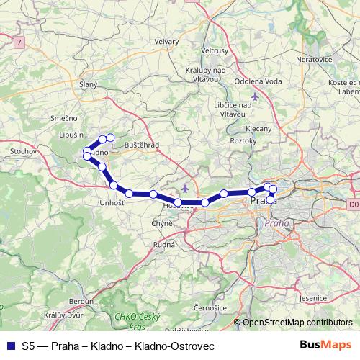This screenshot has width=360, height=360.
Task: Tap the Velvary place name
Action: [166, 42]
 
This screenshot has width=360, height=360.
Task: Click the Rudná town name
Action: [163, 244]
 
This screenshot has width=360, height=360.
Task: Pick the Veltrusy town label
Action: [215, 52]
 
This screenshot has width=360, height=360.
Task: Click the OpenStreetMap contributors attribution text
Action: [297, 323]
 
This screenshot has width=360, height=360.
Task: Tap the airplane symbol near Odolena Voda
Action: [253, 96]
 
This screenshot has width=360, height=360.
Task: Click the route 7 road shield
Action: [18, 45]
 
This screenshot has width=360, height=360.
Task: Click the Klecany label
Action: [258, 129]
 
